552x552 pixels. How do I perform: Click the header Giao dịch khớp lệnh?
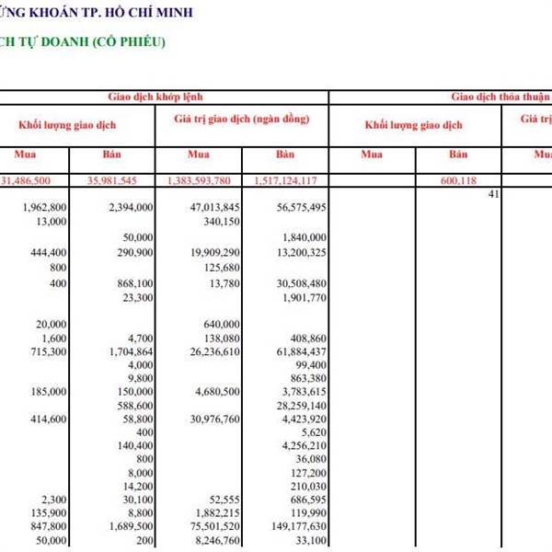(x=164, y=97)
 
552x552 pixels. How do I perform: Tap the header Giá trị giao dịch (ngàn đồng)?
(x=241, y=120)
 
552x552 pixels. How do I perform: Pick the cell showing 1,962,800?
(x=43, y=208)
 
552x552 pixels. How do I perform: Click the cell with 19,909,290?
(x=215, y=252)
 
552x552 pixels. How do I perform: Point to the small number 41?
(x=493, y=194)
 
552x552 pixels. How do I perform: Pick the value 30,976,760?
(x=215, y=419)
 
